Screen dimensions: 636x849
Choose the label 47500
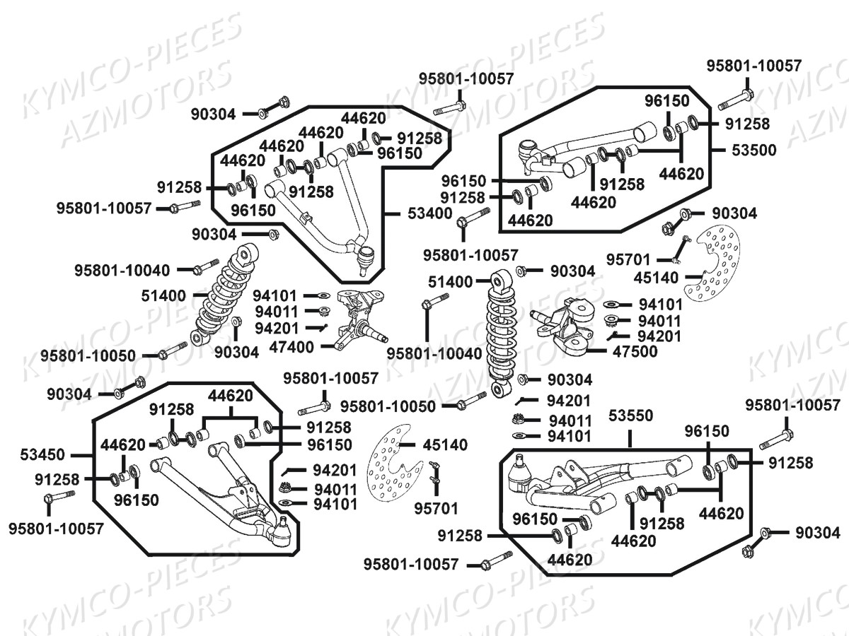[634, 351]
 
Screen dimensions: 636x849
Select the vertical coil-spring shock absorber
[502, 332]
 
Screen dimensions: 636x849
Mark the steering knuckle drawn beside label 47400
[357, 318]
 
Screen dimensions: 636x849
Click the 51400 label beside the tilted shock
[163, 295]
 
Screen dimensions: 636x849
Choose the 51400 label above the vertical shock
[450, 282]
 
